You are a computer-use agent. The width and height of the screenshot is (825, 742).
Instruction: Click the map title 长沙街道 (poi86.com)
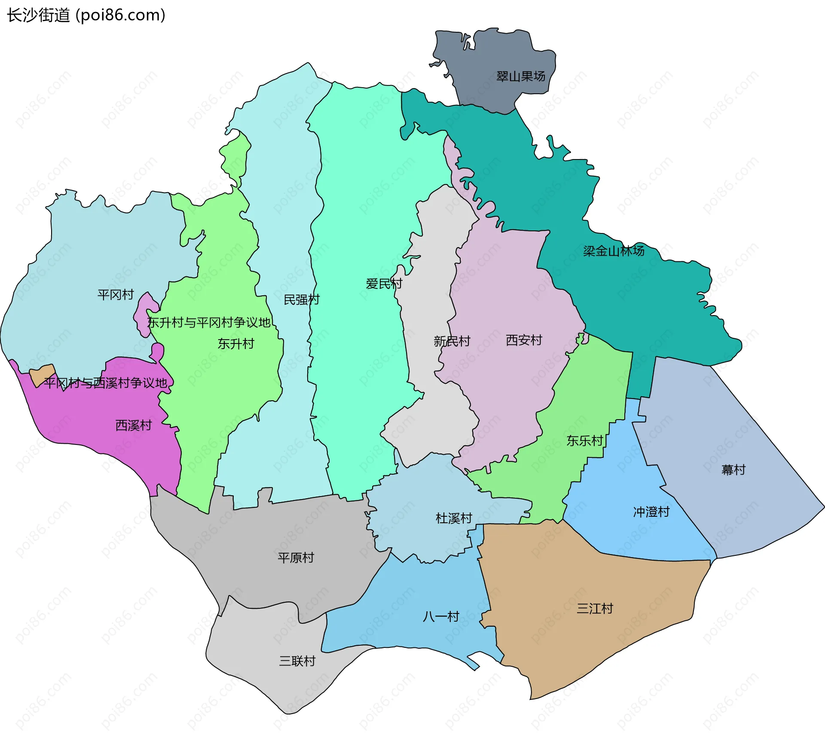86,15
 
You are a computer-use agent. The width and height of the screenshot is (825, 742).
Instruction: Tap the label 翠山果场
520,77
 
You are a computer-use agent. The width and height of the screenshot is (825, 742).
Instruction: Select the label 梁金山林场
613,251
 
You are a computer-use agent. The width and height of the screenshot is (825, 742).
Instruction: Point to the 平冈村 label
116,295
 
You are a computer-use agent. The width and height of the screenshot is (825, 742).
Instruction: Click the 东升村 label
236,344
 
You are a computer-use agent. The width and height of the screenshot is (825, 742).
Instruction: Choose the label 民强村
302,300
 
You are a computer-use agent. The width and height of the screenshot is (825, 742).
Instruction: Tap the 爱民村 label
384,284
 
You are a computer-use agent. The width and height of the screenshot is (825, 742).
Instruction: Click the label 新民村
452,341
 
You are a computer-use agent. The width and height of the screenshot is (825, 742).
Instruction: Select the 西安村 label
524,340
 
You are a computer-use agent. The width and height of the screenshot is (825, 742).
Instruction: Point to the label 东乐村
584,441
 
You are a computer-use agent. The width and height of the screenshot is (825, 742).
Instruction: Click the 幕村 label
733,470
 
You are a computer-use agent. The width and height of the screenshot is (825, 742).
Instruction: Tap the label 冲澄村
651,512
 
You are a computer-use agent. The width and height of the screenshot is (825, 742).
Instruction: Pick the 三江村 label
595,609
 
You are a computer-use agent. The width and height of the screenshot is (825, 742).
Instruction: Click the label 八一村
441,617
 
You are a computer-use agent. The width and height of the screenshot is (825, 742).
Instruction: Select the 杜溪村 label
454,518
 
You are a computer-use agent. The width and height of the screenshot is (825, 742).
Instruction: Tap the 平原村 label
296,558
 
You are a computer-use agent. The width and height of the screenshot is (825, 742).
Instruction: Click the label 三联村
297,661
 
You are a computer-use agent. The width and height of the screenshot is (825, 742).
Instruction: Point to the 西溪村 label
134,426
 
